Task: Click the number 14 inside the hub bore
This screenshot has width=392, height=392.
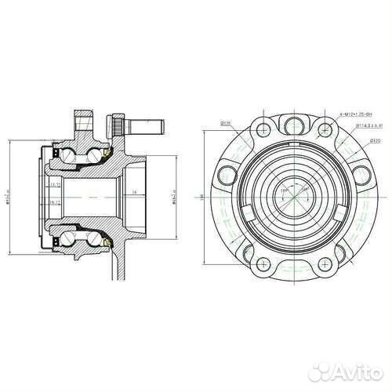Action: coord(134,191)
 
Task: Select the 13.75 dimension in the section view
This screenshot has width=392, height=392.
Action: coord(56,186)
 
